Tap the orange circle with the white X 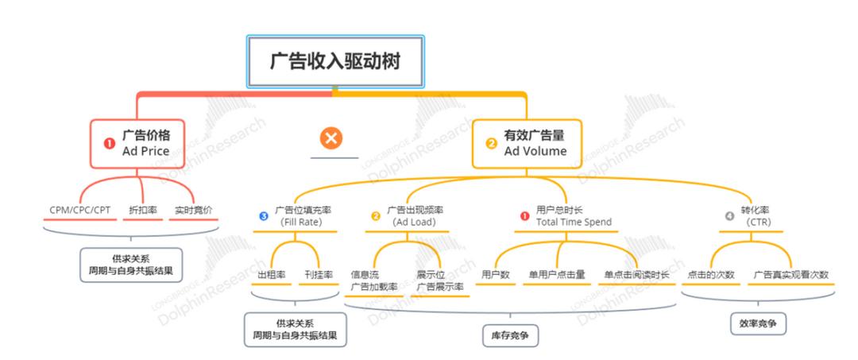pyautogui.click(x=332, y=138)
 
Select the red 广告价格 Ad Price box pyautogui.click(x=141, y=143)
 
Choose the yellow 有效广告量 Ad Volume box pyautogui.click(x=527, y=143)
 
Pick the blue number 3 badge pyautogui.click(x=264, y=215)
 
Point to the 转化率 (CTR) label pyautogui.click(x=756, y=216)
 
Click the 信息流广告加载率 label pyautogui.click(x=373, y=281)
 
